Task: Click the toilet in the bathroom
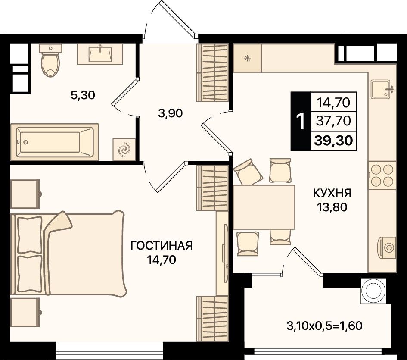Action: click(x=51, y=60)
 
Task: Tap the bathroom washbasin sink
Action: click(x=100, y=54)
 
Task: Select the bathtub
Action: click(x=55, y=142)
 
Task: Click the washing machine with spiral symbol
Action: click(x=124, y=150)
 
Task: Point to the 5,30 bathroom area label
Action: click(x=83, y=95)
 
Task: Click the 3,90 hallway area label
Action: click(x=171, y=113)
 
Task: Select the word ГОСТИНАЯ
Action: click(x=162, y=246)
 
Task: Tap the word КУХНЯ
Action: click(x=332, y=193)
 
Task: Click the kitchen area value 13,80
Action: click(x=332, y=207)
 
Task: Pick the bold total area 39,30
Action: click(x=333, y=141)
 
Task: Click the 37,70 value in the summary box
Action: click(x=334, y=121)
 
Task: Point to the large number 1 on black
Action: click(x=301, y=121)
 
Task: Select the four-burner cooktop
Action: click(x=382, y=175)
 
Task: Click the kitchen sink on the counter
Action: click(x=381, y=89)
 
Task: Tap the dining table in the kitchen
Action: click(x=264, y=207)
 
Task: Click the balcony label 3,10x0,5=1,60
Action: click(x=324, y=326)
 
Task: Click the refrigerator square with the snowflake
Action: click(x=247, y=58)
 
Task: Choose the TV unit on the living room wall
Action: click(x=223, y=253)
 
